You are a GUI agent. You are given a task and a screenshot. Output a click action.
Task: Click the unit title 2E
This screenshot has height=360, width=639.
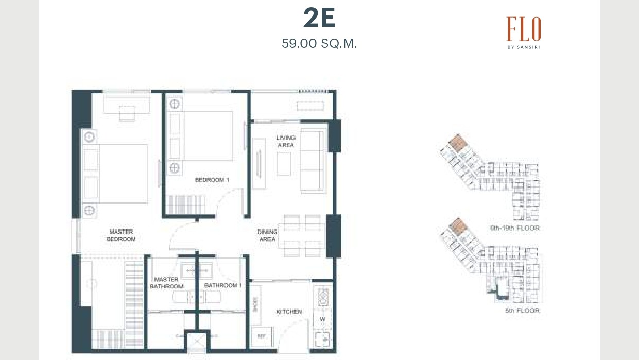pos(319,19)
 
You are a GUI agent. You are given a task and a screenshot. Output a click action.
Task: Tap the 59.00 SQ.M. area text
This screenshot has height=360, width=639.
pos(319,44)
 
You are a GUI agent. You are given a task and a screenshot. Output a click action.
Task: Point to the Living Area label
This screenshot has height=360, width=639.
pos(286,141)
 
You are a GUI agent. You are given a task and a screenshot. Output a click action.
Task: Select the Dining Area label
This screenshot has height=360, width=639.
pos(267,235)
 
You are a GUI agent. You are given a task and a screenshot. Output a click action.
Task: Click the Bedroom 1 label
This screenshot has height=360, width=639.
pos(211,180)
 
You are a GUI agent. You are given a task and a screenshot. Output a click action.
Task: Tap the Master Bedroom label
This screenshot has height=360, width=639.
pos(122,235)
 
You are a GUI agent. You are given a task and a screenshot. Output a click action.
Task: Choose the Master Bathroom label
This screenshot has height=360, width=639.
pos(167,283)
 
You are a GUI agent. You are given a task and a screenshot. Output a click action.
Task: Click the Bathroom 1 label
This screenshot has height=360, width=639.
pos(222,285)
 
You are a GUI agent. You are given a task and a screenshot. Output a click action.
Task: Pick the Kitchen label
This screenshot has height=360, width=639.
pos(289,312)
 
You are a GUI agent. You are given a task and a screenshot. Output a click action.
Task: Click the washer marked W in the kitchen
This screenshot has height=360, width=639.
pos(322,319)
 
